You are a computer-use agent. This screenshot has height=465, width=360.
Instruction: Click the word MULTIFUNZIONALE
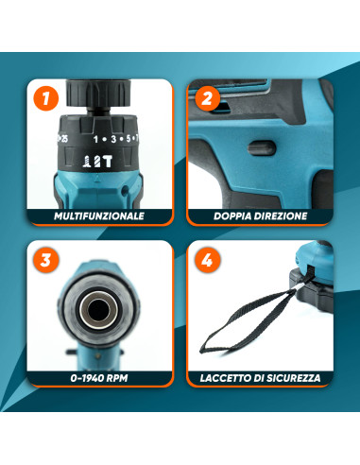click(99, 216)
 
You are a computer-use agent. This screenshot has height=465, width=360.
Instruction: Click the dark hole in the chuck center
click(99, 311)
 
